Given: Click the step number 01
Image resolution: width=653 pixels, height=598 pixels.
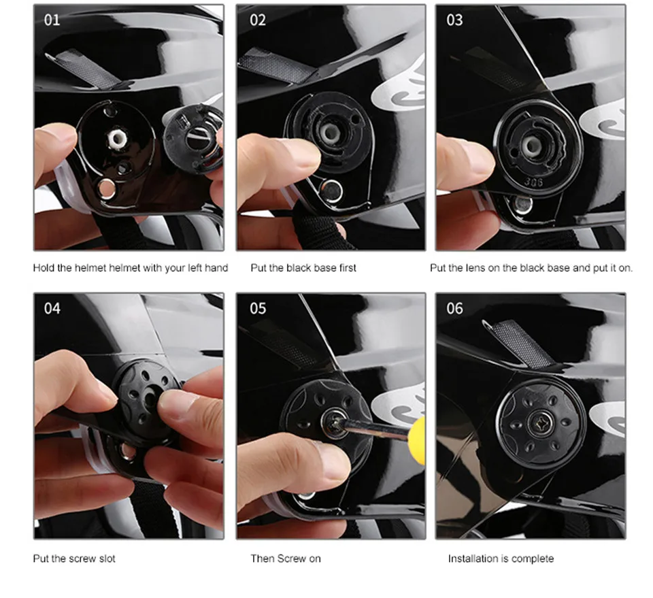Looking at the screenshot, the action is (x=52, y=20).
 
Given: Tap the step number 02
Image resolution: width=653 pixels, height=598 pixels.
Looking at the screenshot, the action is (x=258, y=20).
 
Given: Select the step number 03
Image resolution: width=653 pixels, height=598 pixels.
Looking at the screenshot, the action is (x=454, y=20).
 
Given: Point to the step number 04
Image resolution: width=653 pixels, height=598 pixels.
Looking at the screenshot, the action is (x=52, y=309).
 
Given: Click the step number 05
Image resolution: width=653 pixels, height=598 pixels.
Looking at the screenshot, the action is (x=258, y=309).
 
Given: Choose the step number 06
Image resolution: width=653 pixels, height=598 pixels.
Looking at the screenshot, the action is (x=454, y=309).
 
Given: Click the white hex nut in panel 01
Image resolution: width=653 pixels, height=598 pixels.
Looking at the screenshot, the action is (x=116, y=139).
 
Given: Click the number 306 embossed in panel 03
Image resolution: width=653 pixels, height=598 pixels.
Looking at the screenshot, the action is (x=533, y=182).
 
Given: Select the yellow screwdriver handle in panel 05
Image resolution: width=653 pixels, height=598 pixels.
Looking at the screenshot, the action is (x=418, y=439).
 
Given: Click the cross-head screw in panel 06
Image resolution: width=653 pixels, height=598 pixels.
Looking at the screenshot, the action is (x=540, y=424).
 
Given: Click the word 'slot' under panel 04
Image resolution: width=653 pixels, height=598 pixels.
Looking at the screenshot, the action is (x=107, y=559).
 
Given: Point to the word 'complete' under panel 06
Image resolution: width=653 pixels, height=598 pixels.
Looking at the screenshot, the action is (x=534, y=559).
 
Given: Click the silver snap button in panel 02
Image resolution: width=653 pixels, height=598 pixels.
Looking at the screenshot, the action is (x=332, y=191).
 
